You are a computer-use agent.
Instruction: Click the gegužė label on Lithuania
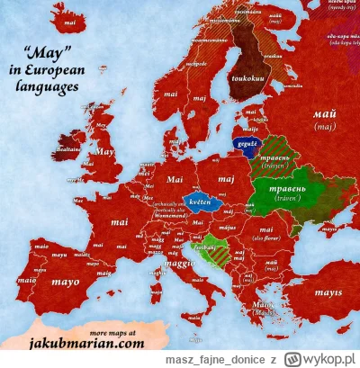tap(243, 142)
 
